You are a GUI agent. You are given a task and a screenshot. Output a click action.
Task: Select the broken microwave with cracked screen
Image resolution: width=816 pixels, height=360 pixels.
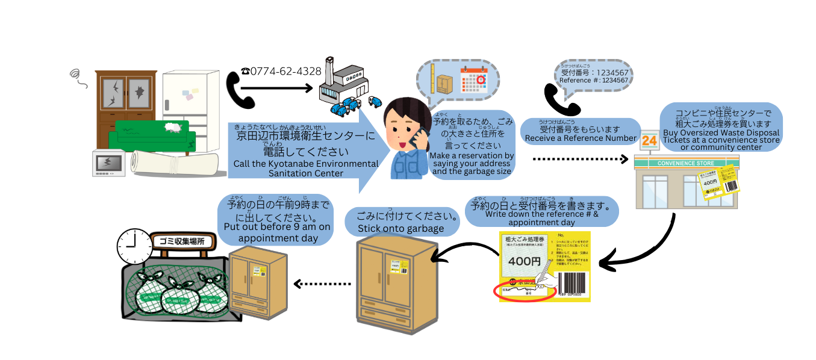coord(110,163)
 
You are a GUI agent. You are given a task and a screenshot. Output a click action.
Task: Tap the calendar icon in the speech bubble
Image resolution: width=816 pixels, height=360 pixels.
coord(473,78)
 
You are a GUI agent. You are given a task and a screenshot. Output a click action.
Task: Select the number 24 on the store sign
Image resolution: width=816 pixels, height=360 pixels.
coord(649,141)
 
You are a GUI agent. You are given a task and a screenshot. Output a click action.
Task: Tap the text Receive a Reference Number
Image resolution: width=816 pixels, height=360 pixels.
coord(581,138)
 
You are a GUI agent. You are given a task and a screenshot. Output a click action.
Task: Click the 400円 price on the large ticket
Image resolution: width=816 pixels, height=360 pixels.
coord(523,261)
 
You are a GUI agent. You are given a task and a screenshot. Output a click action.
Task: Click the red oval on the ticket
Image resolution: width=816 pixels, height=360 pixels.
coord(524,292)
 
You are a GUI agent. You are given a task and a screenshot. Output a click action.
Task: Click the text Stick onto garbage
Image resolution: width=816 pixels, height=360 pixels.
coord(400,229)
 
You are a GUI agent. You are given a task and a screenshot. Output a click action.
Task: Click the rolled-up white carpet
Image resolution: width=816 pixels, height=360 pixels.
coord(175,162)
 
